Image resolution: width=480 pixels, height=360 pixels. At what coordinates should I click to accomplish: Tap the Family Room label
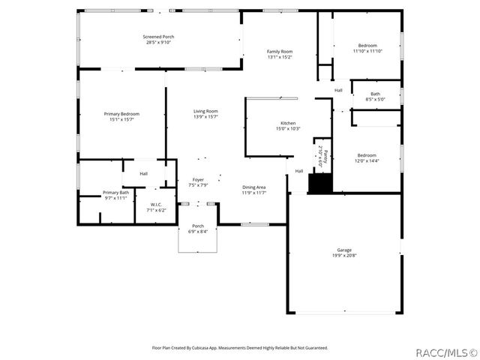pyautogui.click(x=279, y=51)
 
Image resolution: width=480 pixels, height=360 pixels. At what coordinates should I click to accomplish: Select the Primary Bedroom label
pyautogui.click(x=121, y=114)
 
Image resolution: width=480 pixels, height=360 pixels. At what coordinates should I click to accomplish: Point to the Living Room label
pyautogui.click(x=205, y=111)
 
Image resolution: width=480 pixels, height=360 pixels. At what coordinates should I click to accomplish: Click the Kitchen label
pyautogui.click(x=288, y=123)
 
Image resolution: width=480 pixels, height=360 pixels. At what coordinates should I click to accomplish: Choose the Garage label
pyautogui.click(x=344, y=250)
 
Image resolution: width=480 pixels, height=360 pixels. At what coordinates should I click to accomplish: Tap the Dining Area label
pyautogui.click(x=253, y=187)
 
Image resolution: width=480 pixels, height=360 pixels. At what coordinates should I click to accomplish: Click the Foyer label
pyautogui.click(x=198, y=179)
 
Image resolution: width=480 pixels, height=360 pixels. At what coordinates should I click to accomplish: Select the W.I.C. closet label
pyautogui.click(x=156, y=205)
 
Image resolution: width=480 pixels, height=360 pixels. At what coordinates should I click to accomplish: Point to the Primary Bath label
pyautogui.click(x=115, y=193)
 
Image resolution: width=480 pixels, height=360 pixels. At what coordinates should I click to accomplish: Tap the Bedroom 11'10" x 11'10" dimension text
pyautogui.click(x=367, y=51)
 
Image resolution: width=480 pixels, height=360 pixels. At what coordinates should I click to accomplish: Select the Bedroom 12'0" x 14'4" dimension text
pyautogui.click(x=367, y=160)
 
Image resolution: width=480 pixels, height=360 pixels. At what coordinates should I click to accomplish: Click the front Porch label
pyautogui.click(x=198, y=226)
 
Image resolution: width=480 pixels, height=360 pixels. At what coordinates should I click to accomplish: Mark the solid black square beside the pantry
pyautogui.click(x=320, y=183)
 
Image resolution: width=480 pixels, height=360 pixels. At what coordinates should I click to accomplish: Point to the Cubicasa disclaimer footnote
pyautogui.click(x=240, y=348)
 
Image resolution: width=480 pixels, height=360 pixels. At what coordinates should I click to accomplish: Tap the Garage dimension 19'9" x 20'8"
pyautogui.click(x=344, y=256)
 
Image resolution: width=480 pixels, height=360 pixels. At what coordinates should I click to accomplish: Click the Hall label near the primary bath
pyautogui.click(x=143, y=174)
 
